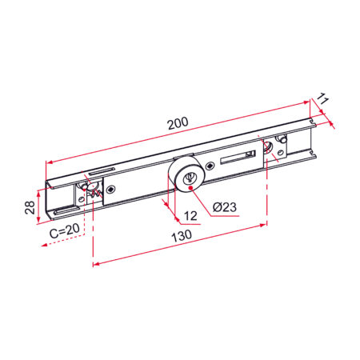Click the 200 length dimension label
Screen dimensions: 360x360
tap(178, 123)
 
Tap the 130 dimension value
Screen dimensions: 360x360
tap(182, 236)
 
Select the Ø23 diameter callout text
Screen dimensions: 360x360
tap(225, 207)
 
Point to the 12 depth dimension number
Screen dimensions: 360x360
tap(190, 216)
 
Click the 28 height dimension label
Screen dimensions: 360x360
tap(30, 207)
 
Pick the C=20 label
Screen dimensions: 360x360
tap(65, 230)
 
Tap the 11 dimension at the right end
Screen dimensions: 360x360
tap(322, 98)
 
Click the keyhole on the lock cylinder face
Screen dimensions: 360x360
tap(190, 178)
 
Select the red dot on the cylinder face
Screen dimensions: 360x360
tap(191, 188)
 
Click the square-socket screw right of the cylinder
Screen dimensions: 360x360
tap(210, 166)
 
